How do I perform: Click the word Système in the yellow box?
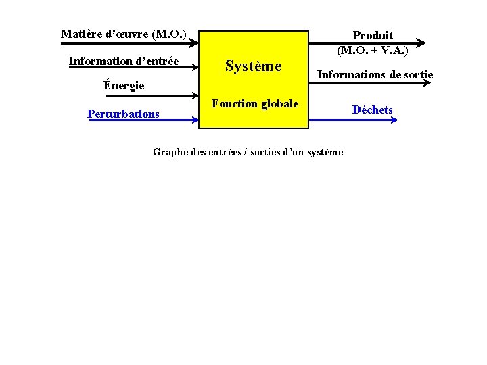pyautogui.click(x=253, y=66)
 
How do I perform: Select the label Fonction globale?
pyautogui.click(x=255, y=104)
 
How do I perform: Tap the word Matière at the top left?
pyautogui.click(x=80, y=34)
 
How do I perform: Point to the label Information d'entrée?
pyautogui.click(x=124, y=62)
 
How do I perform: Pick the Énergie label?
pyautogui.click(x=124, y=86)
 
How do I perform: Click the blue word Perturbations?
pyautogui.click(x=123, y=114)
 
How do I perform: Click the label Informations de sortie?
pyautogui.click(x=375, y=74)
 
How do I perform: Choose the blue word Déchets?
pyautogui.click(x=372, y=109)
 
